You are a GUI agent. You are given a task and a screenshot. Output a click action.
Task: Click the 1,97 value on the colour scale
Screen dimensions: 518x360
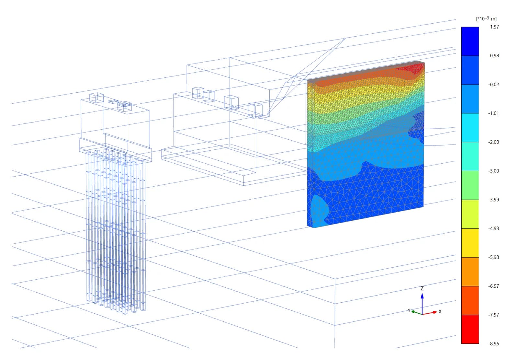tap(494, 27)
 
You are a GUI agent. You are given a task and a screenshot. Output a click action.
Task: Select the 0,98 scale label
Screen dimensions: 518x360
tap(494, 55)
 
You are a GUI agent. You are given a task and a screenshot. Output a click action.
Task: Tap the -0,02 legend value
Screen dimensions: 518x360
tap(493, 85)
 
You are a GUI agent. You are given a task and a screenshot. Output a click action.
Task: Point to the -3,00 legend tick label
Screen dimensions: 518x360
tap(493, 171)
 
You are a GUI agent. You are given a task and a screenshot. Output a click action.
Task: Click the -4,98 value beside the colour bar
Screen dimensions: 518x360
tap(493, 228)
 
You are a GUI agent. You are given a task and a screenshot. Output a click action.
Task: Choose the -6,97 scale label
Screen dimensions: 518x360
tap(493, 286)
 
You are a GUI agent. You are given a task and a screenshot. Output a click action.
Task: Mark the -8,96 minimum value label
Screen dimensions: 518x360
tap(493, 344)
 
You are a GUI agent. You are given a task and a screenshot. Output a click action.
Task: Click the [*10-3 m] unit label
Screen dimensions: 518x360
tap(486, 18)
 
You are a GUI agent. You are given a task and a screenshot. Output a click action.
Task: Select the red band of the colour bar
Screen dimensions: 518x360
tap(470, 329)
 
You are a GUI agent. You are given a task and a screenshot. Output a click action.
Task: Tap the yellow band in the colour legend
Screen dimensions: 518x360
tap(470, 243)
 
